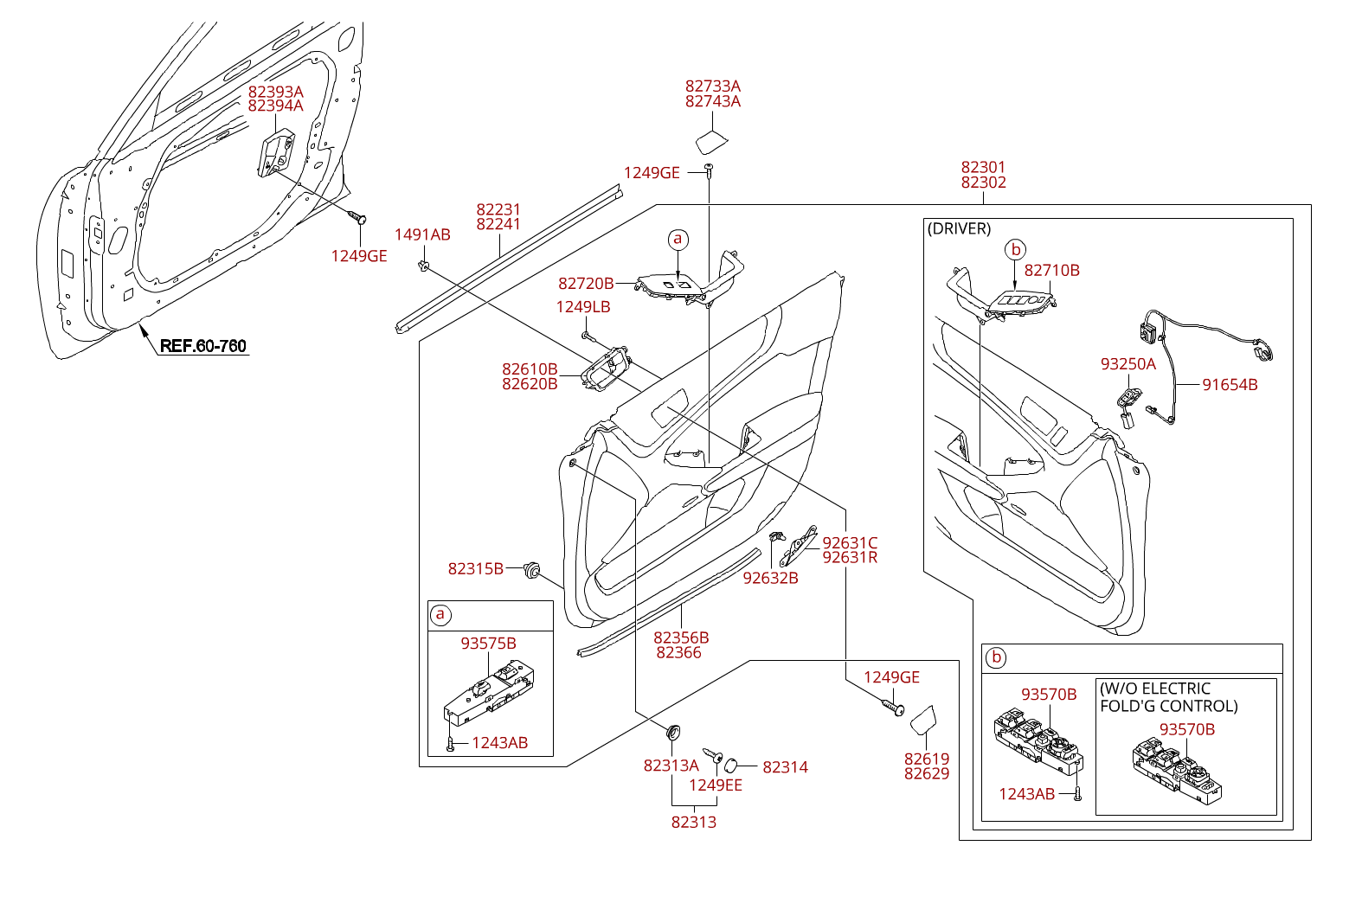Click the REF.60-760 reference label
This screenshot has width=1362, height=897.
[203, 346]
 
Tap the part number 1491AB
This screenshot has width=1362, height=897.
[422, 234]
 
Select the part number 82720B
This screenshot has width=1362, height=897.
[586, 284]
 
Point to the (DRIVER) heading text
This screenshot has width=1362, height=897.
[959, 228]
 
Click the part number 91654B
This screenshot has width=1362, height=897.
[1230, 385]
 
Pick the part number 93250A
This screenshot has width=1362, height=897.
[1128, 364]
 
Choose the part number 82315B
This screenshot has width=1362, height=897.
[476, 568]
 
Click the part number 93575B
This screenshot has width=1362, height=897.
[488, 644]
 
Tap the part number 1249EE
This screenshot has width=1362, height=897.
[716, 785]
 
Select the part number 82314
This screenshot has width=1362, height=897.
[785, 767]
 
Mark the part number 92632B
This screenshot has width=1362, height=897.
[770, 578]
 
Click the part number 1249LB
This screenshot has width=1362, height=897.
[583, 307]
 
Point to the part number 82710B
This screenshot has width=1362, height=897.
[1051, 271]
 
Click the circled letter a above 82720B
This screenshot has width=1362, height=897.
[678, 239]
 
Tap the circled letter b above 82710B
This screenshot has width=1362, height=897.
[1016, 250]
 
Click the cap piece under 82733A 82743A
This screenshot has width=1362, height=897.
[711, 142]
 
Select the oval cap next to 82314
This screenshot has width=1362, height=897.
[729, 765]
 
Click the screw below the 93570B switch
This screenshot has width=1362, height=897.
[1077, 793]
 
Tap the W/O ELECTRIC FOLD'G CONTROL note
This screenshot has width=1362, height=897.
[1168, 697]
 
